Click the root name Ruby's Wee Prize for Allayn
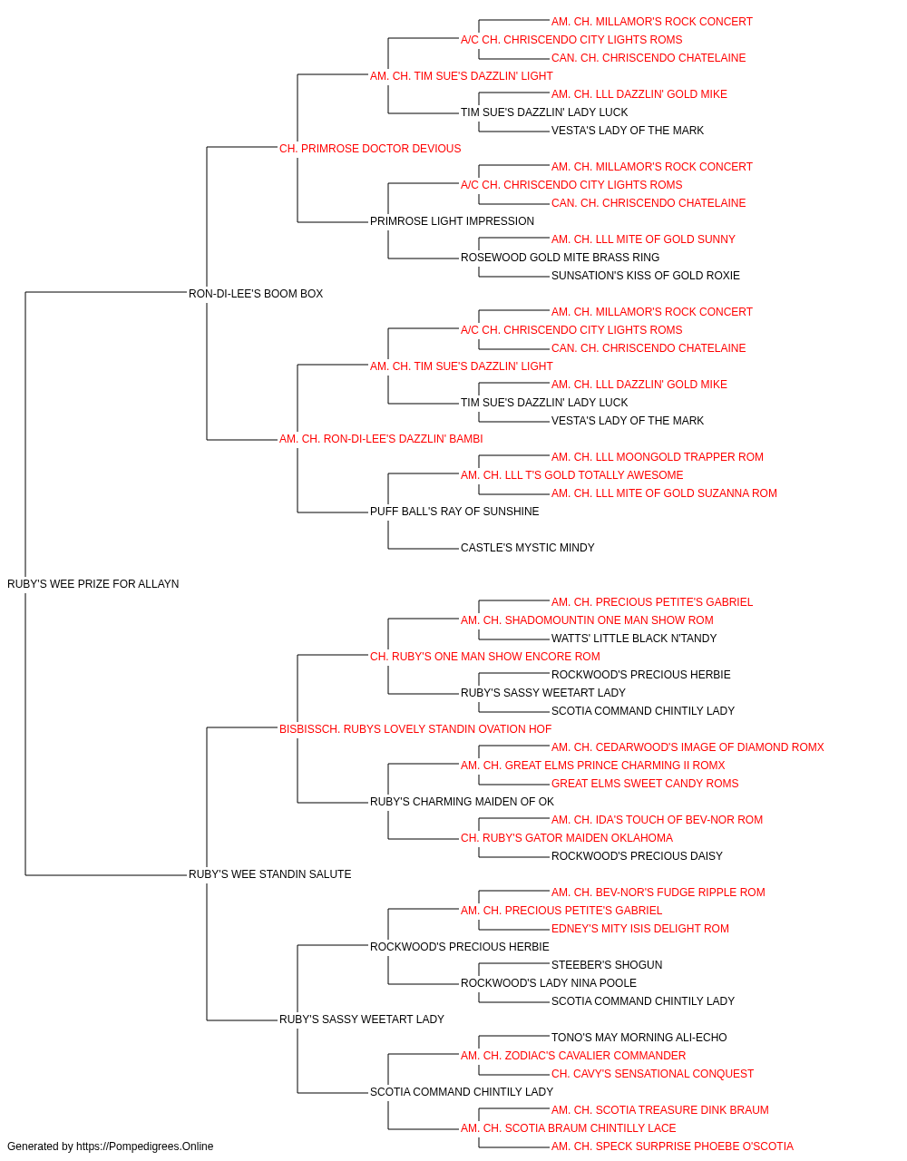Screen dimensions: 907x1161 [x=93, y=584]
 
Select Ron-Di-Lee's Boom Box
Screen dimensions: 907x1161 [x=256, y=294]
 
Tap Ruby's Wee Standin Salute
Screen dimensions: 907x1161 [x=269, y=874]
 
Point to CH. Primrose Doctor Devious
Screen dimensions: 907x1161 [x=370, y=149]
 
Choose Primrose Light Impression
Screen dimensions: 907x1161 [x=452, y=221]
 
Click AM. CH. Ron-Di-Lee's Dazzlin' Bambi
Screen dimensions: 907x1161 [x=381, y=439]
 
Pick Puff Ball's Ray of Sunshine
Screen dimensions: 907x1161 [x=454, y=512]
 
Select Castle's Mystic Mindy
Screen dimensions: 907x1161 [x=527, y=548]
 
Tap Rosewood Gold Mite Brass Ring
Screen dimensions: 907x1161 [x=560, y=258]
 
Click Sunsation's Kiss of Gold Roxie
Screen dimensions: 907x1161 [x=645, y=276]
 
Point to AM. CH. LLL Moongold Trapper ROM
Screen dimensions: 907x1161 [x=657, y=457]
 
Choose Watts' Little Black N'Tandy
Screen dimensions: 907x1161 [x=633, y=639]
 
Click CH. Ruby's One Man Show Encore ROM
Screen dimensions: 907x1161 [x=485, y=657]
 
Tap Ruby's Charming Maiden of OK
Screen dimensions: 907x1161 [x=462, y=802]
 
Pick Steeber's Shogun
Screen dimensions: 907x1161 [x=606, y=965]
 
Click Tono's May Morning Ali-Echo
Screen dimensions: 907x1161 [x=639, y=1038]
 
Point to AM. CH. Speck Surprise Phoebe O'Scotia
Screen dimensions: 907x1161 [x=672, y=1146]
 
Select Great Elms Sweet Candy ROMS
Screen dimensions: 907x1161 [x=645, y=784]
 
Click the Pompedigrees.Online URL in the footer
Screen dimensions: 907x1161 [x=144, y=1146]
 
